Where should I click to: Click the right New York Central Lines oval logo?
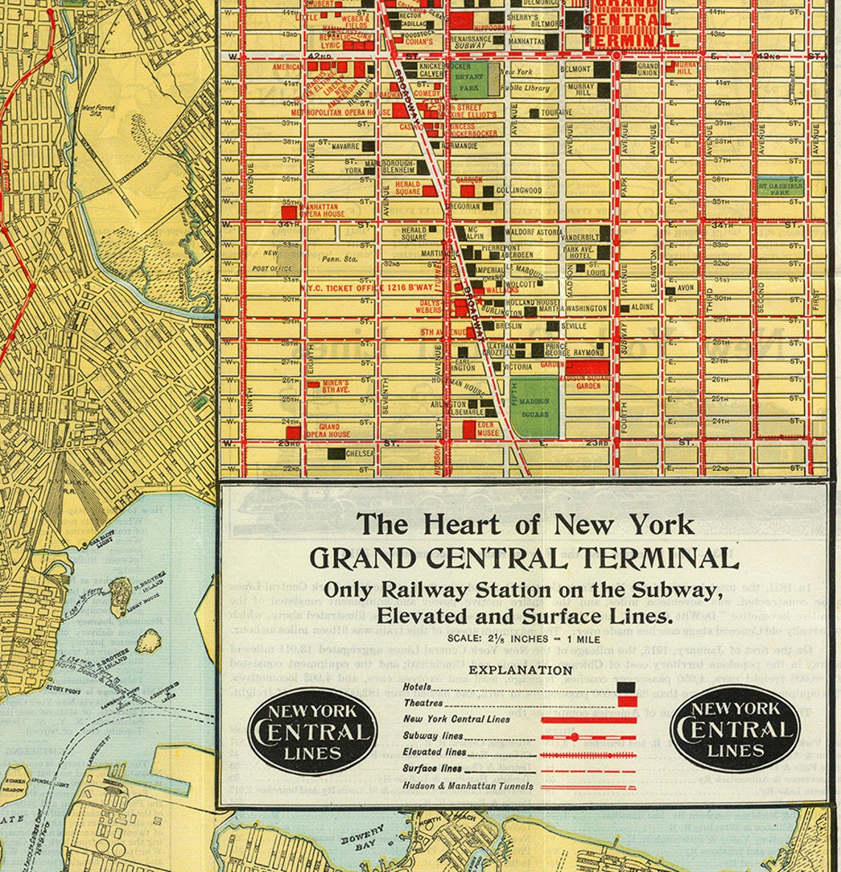(735, 729)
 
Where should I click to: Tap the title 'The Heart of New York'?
(525, 524)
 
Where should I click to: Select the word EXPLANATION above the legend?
(521, 670)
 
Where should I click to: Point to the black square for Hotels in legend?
(626, 687)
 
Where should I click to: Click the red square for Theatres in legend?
(626, 702)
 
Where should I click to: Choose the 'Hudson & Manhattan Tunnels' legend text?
(467, 786)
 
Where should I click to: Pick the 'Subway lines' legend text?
(432, 735)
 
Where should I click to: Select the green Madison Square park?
(535, 408)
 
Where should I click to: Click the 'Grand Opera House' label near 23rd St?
(328, 430)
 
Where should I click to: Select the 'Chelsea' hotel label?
(359, 453)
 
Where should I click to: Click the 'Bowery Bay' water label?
(362, 838)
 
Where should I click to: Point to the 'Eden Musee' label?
(488, 429)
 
